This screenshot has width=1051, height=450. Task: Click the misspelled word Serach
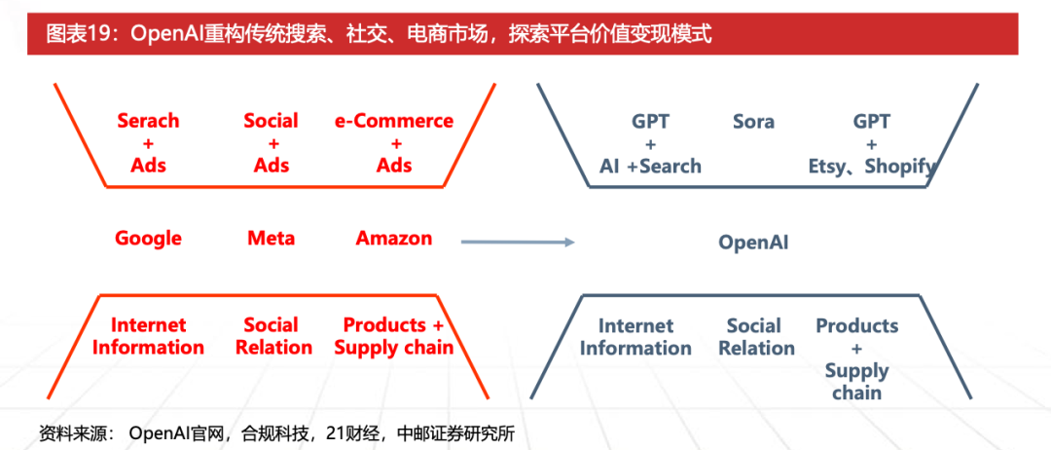(148, 121)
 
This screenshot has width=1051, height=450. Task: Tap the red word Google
(148, 239)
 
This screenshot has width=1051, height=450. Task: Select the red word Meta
(271, 239)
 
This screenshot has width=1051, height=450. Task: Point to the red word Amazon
(394, 239)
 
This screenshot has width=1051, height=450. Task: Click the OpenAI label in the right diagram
(753, 243)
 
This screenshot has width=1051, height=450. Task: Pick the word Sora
(753, 122)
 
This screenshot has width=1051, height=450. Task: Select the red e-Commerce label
(394, 121)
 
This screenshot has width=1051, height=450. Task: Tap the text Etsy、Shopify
(872, 167)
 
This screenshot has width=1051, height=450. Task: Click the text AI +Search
(650, 167)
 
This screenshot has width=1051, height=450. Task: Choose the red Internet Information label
(148, 336)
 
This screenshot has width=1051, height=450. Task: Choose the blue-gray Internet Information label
(635, 337)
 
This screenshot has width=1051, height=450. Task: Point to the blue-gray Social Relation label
(753, 337)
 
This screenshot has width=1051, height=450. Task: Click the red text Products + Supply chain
(394, 336)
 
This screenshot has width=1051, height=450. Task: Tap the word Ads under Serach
(148, 166)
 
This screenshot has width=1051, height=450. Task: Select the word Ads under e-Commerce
(394, 166)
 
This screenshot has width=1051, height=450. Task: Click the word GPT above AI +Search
(650, 122)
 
